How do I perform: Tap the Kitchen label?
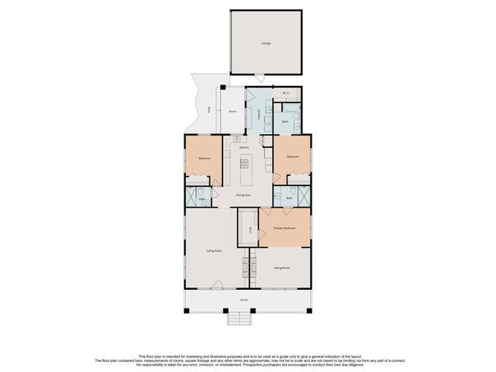point(244,146)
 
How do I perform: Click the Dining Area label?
point(243,195)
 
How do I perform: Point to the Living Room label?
point(215,250)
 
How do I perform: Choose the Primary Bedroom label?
point(284,229)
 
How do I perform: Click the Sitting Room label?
point(281,267)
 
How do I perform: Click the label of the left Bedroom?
point(205,158)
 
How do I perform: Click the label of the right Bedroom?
point(292,157)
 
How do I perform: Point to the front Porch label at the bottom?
point(243,299)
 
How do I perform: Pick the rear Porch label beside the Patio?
point(232,112)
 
